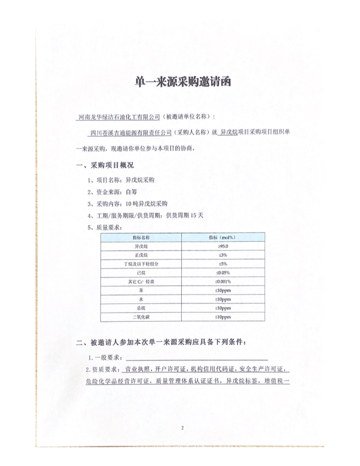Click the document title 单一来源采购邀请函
(180, 82)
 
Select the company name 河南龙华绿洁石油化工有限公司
(118, 117)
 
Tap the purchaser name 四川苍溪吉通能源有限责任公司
(129, 132)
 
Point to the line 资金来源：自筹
(111, 192)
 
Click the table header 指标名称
(142, 237)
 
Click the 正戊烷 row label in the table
(142, 255)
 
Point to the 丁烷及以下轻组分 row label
(142, 264)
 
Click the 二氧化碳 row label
(142, 317)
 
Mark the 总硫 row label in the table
(142, 308)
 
